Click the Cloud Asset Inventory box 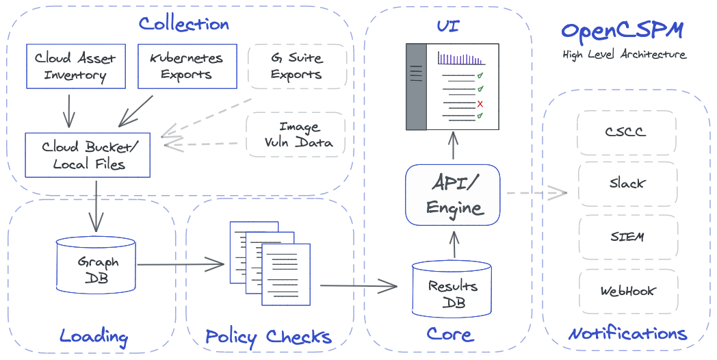click(x=75, y=66)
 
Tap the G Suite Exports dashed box click(x=296, y=66)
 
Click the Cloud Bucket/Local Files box click(x=86, y=155)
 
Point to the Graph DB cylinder click(x=96, y=270)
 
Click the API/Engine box click(x=452, y=194)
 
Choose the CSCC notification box click(x=626, y=131)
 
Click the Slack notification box click(x=626, y=183)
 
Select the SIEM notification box click(x=626, y=237)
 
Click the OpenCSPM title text click(x=622, y=31)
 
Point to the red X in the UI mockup click(x=480, y=103)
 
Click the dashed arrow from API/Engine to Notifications click(x=536, y=193)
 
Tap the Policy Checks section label click(x=268, y=337)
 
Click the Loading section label click(x=94, y=336)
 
